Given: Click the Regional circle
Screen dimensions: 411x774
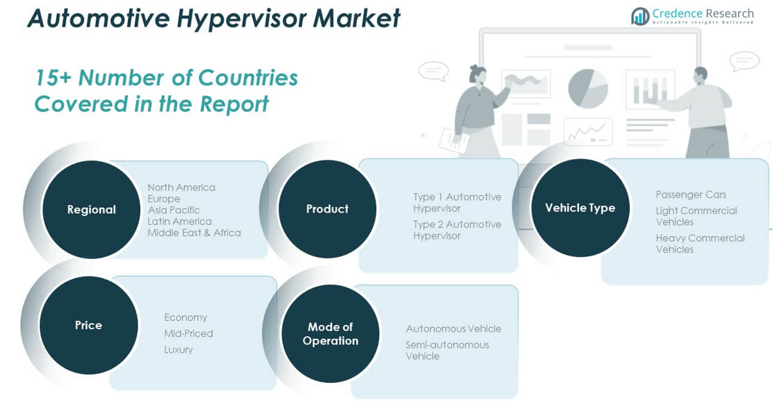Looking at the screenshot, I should click(x=91, y=209).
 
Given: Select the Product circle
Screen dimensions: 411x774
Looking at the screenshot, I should click(x=327, y=209).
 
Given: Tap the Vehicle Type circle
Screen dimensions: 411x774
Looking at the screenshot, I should click(x=580, y=207).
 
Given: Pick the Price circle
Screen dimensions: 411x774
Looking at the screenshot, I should click(x=89, y=325).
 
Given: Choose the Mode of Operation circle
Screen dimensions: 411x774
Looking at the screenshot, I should click(x=330, y=333).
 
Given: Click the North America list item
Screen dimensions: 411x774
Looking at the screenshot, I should click(x=181, y=187).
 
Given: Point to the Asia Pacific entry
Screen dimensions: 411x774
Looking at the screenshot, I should click(x=173, y=210).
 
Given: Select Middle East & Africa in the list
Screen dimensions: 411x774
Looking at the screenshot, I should click(x=194, y=233).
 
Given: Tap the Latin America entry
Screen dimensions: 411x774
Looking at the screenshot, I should click(x=179, y=221).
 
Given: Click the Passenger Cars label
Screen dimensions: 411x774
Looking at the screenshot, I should click(x=691, y=194).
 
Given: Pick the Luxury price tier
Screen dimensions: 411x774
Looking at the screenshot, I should click(x=178, y=350).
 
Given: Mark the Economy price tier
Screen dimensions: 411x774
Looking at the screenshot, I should click(x=185, y=318).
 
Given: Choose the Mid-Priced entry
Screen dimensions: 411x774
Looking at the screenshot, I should click(x=188, y=333).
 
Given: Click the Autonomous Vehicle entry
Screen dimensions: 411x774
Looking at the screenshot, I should click(x=453, y=329).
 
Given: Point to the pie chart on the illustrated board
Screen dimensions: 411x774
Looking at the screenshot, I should click(x=588, y=88).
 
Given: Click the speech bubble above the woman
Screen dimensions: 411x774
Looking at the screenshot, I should click(x=433, y=70).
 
